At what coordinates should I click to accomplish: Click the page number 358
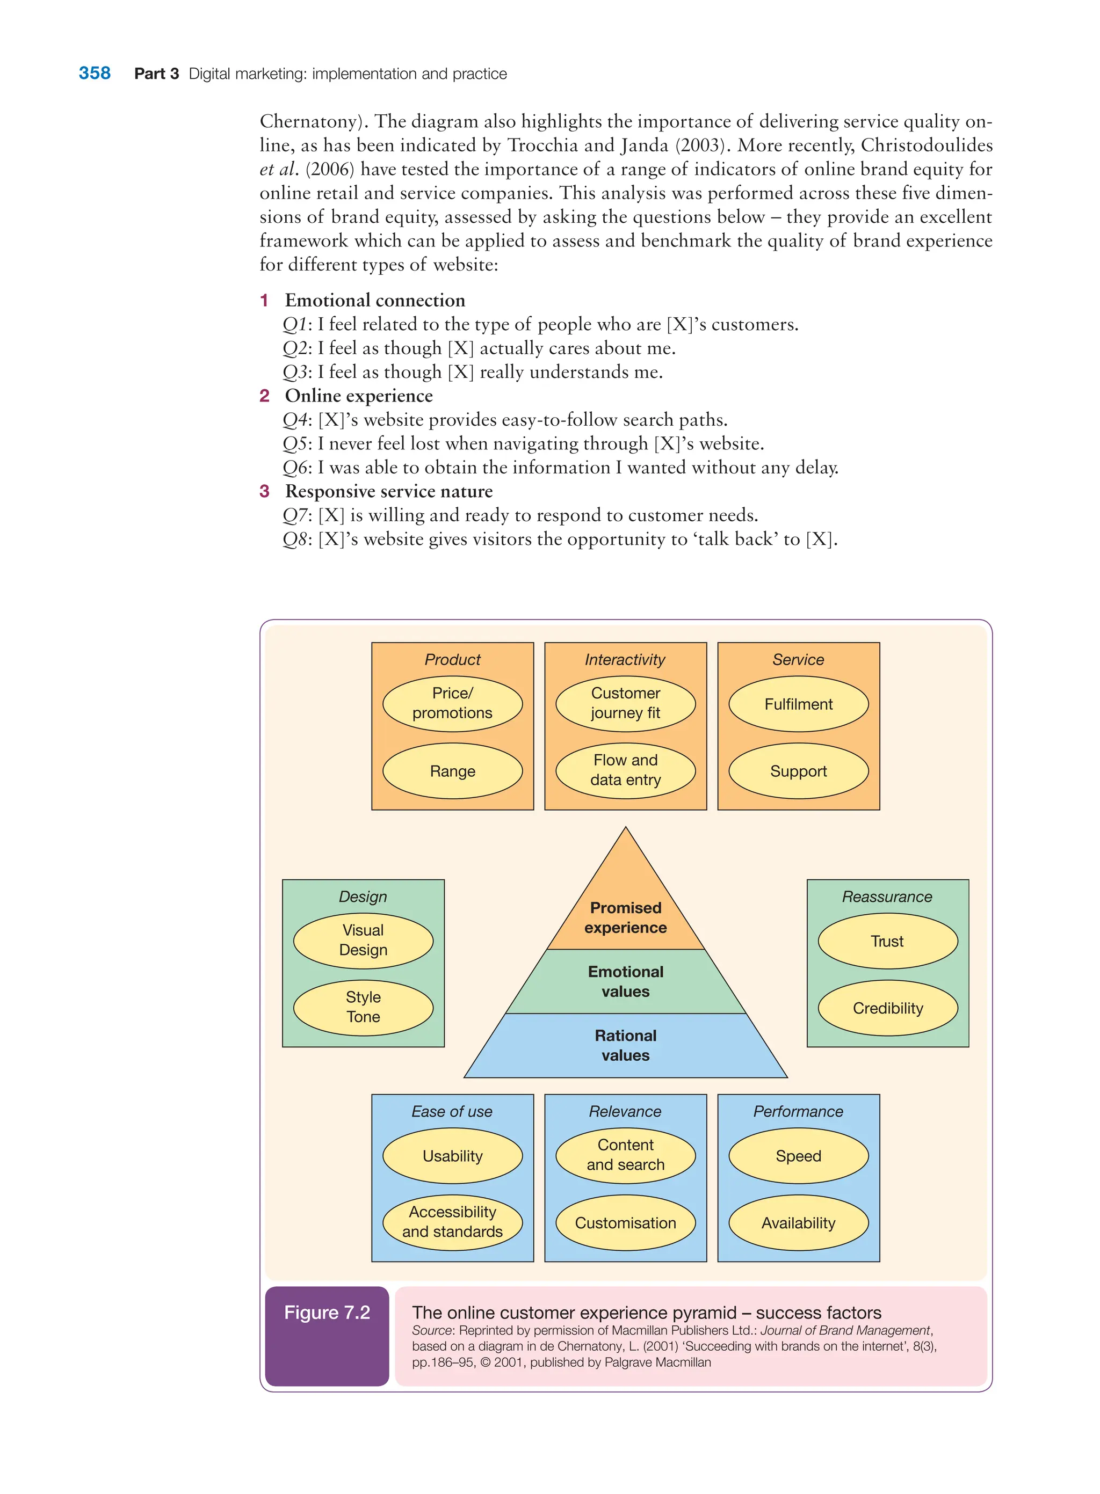pos(95,73)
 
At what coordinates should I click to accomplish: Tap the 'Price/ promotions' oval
pos(452,703)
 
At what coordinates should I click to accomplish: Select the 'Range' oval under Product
pos(452,771)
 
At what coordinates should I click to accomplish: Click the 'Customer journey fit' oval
pos(625,703)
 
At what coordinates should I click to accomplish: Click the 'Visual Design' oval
pos(363,941)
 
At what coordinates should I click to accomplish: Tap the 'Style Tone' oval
pos(363,1007)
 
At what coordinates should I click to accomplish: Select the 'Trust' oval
pos(888,941)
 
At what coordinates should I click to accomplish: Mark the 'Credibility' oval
pos(888,1008)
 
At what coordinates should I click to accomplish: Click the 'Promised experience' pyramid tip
pos(625,912)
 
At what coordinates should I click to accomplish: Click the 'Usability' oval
pos(452,1156)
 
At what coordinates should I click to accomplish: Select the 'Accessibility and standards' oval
pos(452,1222)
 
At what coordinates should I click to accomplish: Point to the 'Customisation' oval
pos(625,1222)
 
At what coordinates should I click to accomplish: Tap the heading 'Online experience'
pos(358,396)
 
